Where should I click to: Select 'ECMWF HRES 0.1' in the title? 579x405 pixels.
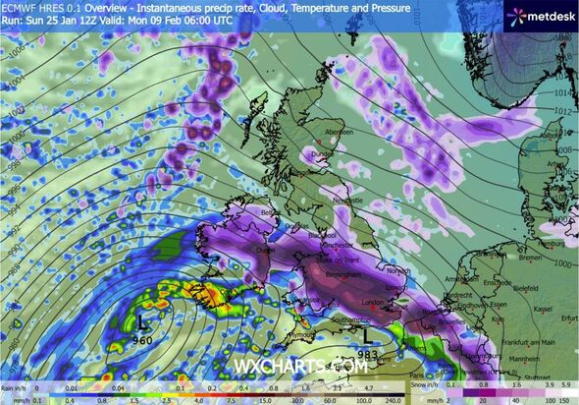(x=35, y=6)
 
